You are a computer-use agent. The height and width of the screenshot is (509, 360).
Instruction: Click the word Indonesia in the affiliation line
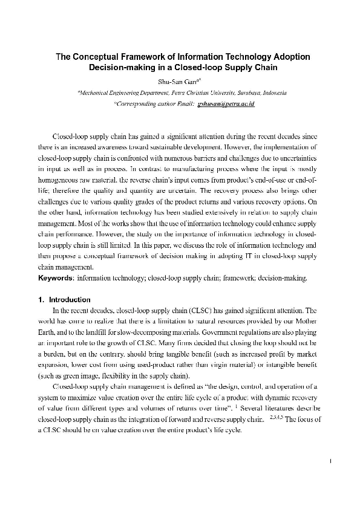[272, 93]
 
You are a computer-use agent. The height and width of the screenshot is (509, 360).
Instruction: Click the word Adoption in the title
[289, 57]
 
